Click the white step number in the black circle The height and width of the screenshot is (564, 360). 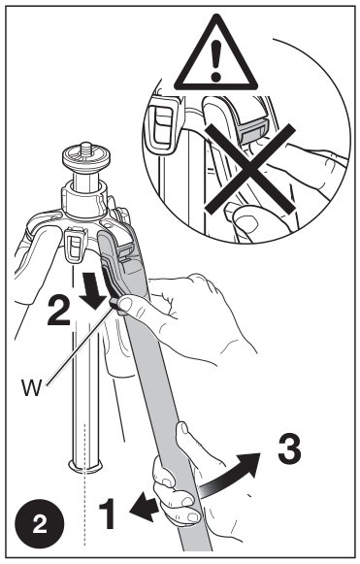pos(40,525)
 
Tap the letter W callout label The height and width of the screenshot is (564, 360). pos(31,386)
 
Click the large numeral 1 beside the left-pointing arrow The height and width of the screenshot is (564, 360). pos(108,514)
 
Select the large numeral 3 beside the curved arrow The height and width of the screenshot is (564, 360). pos(289,448)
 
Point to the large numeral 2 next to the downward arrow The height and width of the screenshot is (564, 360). pos(59,310)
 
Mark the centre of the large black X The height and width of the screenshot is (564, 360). pos(250,168)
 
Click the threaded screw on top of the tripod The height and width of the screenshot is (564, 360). pos(85,148)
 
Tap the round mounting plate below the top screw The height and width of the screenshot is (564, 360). pos(84,158)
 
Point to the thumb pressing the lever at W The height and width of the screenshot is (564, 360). pos(126,304)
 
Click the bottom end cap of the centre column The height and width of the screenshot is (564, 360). pos(85,467)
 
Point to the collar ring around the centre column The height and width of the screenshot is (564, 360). pos(84,200)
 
